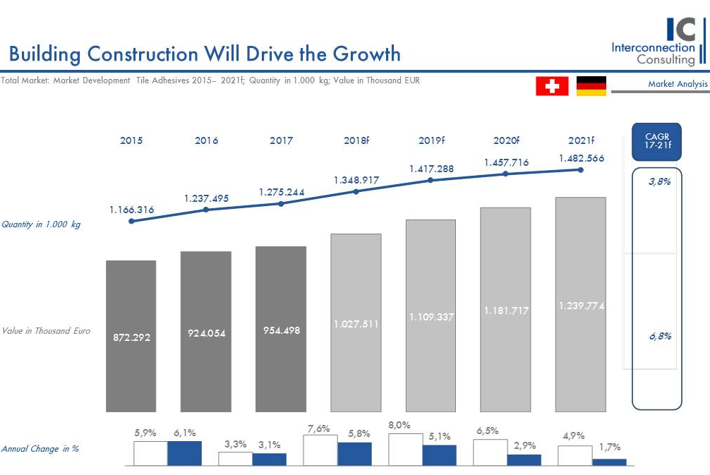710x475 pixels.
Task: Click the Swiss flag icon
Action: click(x=551, y=86)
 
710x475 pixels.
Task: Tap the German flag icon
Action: click(x=591, y=86)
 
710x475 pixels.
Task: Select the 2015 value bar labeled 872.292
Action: click(x=131, y=335)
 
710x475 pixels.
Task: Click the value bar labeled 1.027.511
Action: click(x=356, y=323)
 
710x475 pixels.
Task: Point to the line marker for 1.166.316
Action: click(x=131, y=221)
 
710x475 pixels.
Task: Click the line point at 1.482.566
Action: click(x=581, y=170)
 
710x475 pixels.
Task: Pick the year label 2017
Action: click(x=281, y=140)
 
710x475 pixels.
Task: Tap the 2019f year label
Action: click(x=431, y=140)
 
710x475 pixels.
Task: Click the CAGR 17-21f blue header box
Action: click(x=656, y=141)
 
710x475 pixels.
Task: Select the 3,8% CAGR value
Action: click(x=659, y=181)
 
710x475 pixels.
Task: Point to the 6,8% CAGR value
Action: click(x=659, y=337)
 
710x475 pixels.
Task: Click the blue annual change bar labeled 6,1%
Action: click(x=184, y=453)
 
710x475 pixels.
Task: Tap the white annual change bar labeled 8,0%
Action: click(x=405, y=450)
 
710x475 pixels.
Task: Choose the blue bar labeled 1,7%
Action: click(x=609, y=462)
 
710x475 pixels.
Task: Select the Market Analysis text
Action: click(x=678, y=85)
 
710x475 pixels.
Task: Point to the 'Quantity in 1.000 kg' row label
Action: click(x=41, y=224)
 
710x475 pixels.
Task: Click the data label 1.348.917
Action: click(x=356, y=181)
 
